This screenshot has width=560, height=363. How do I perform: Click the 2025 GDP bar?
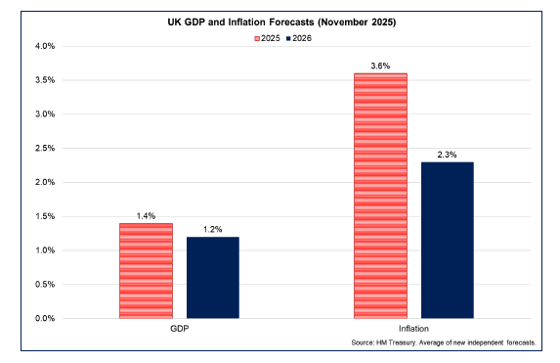[146, 271]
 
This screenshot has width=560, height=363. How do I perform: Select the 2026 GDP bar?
[212, 278]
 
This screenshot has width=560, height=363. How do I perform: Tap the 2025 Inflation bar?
[379, 196]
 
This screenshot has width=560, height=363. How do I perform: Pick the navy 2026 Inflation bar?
[447, 240]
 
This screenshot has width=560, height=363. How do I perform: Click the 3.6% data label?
[380, 66]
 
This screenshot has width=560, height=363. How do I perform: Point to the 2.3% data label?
[447, 154]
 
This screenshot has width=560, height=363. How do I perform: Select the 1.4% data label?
[146, 215]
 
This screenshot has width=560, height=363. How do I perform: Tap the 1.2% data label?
[212, 229]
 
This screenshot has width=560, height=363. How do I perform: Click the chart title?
[280, 22]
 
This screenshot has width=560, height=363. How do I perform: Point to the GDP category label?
[179, 330]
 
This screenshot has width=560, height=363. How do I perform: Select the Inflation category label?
[413, 330]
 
